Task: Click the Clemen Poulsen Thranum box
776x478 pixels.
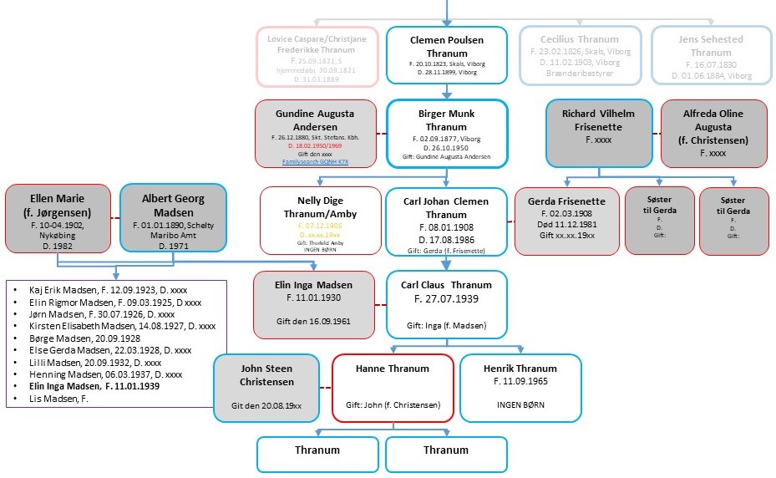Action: click(446, 55)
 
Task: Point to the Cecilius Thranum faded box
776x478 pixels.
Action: click(580, 55)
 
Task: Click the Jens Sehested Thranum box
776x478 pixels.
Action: click(711, 55)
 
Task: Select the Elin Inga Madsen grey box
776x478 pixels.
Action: click(315, 304)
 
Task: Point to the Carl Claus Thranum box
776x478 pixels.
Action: click(446, 304)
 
